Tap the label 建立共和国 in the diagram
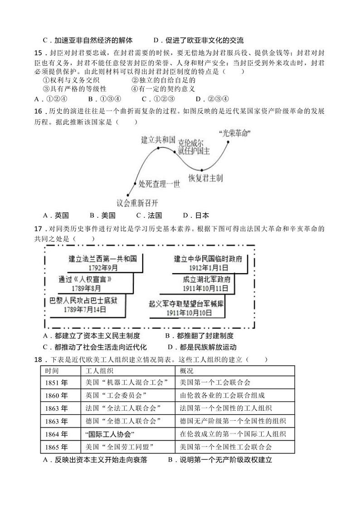point(158,139)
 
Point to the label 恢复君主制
point(205,178)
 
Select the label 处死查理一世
point(160,184)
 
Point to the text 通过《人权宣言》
point(85,279)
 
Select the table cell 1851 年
point(57,382)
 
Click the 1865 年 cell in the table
point(57,447)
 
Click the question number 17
point(38,229)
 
